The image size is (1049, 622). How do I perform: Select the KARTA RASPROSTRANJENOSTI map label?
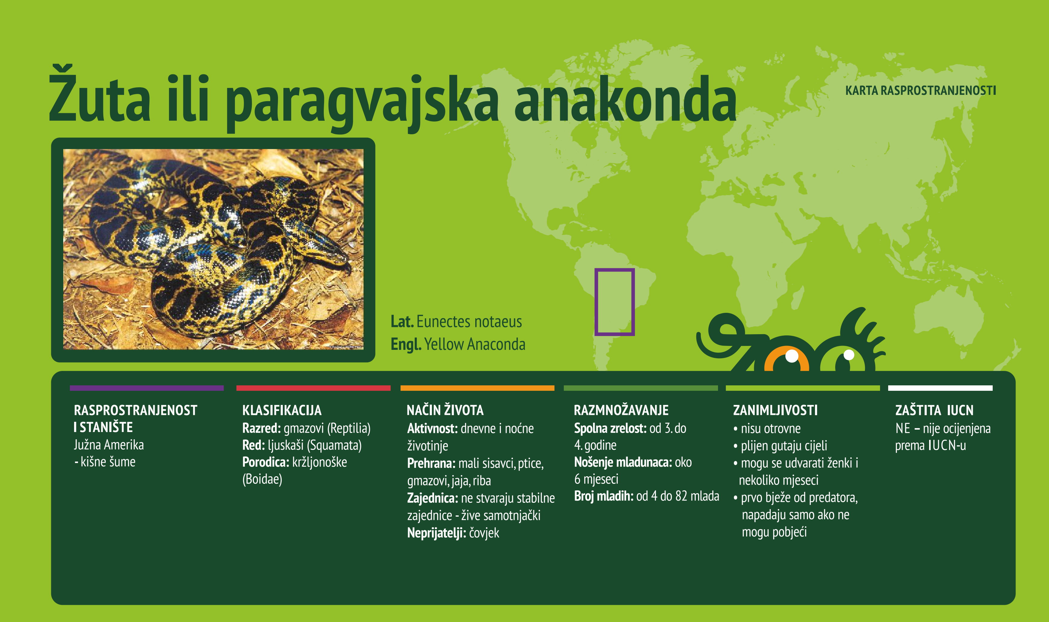pyautogui.click(x=920, y=91)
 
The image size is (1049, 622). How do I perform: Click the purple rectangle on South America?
pyautogui.click(x=614, y=302)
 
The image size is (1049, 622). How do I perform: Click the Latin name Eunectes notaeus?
pyautogui.click(x=469, y=322)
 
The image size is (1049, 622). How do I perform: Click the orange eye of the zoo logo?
pyautogui.click(x=786, y=360)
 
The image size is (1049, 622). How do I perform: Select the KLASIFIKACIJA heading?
pyautogui.click(x=282, y=410)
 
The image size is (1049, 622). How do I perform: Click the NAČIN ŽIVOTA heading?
pyautogui.click(x=445, y=410)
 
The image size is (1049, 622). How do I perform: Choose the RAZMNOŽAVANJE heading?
pyautogui.click(x=621, y=410)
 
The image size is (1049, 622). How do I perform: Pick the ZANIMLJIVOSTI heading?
pyautogui.click(x=775, y=410)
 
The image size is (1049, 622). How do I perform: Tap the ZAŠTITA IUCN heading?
pyautogui.click(x=934, y=410)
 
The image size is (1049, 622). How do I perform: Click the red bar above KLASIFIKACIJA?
pyautogui.click(x=313, y=388)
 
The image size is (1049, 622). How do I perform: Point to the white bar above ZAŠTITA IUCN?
pyautogui.click(x=940, y=388)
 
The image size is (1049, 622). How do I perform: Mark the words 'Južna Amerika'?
pyautogui.click(x=109, y=445)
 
